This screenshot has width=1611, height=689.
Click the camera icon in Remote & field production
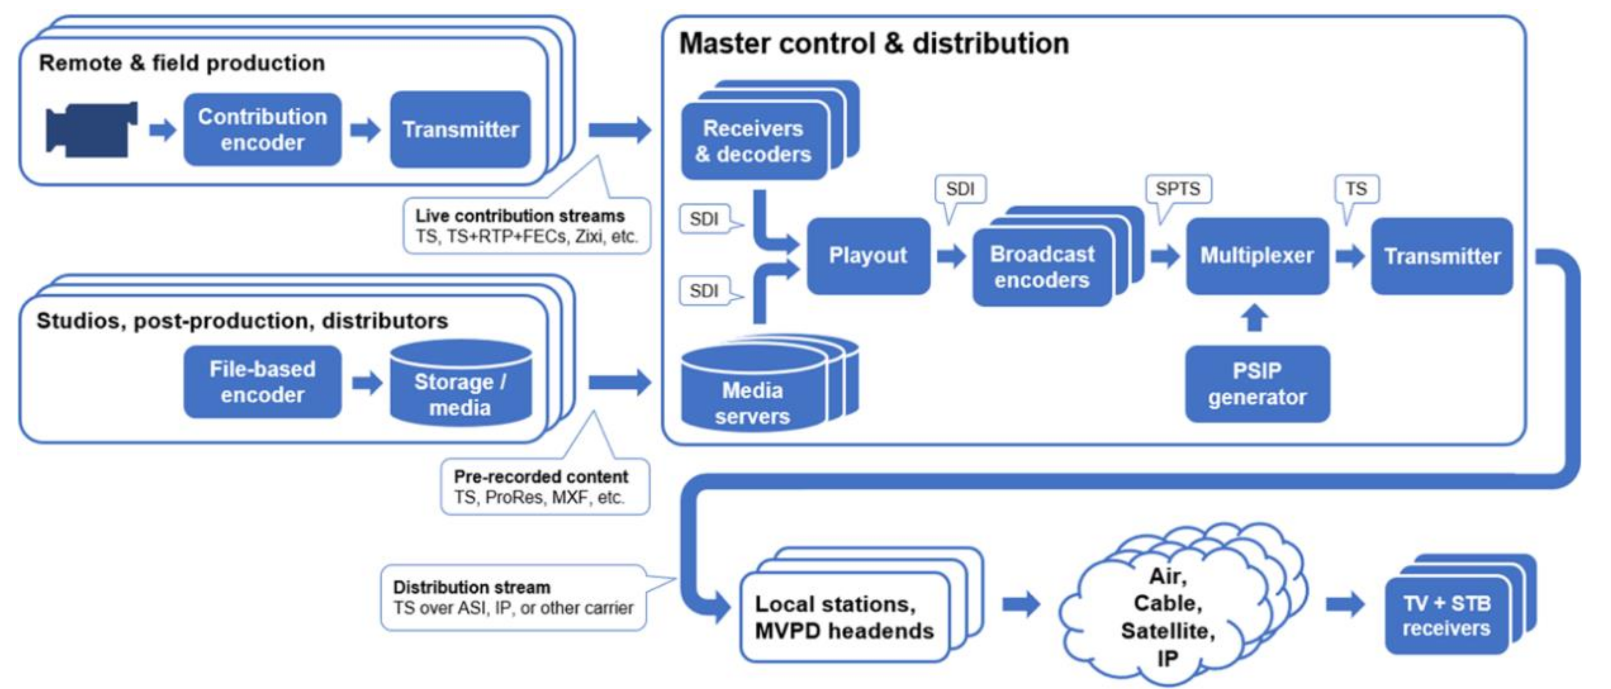click(x=92, y=130)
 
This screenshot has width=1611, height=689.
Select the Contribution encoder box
click(x=262, y=130)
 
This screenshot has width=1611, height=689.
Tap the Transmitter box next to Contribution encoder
click(x=460, y=130)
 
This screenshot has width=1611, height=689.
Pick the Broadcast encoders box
click(x=1042, y=267)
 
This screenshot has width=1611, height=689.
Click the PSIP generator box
click(x=1257, y=384)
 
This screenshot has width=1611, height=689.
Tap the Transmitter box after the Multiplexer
click(x=1442, y=256)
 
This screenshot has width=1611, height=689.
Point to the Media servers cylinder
click(x=753, y=389)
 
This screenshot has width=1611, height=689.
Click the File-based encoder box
click(x=262, y=382)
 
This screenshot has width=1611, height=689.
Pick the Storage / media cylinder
click(x=461, y=383)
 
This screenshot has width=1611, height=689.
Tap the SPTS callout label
click(x=1178, y=189)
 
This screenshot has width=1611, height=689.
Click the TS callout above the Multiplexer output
click(x=1356, y=189)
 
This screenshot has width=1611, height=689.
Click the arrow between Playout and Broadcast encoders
click(x=951, y=256)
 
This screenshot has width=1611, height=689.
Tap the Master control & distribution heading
click(x=874, y=44)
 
